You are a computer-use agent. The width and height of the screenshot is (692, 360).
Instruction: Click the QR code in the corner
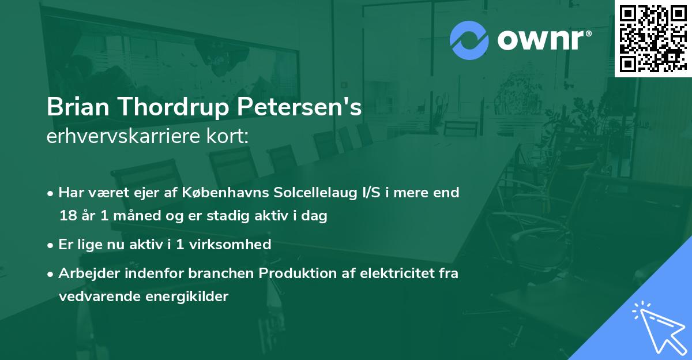coord(653,38)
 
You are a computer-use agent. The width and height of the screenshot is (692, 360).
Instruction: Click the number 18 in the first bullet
coord(67,216)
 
